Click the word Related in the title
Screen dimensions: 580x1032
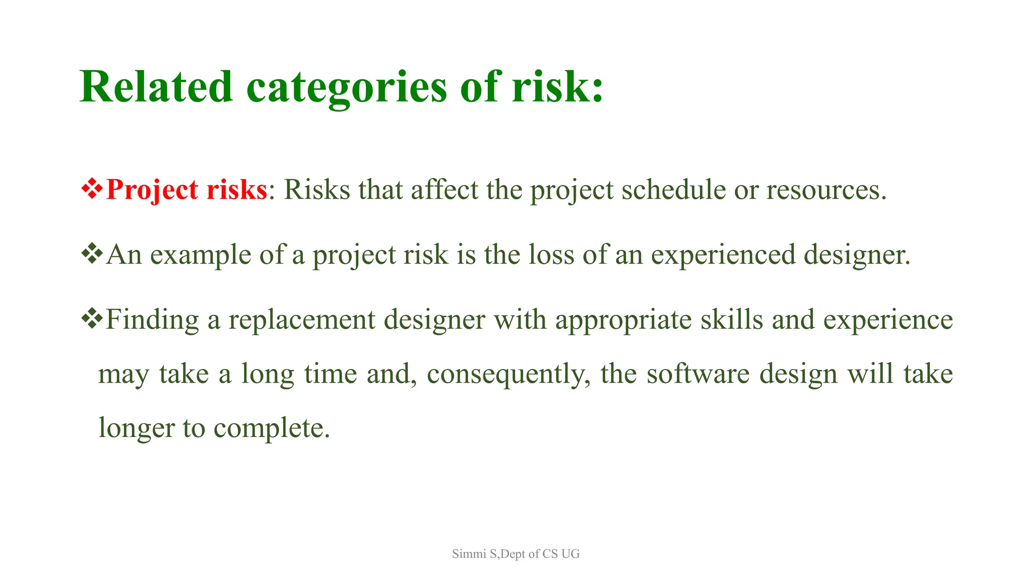coord(156,87)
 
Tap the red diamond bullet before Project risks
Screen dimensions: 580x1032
coord(92,189)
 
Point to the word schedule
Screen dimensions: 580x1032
coord(673,190)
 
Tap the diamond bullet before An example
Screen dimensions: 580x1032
coord(92,254)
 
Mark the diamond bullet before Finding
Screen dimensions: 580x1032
coord(92,319)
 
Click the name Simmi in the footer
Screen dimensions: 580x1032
coord(469,554)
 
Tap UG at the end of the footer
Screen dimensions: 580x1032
coord(570,554)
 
